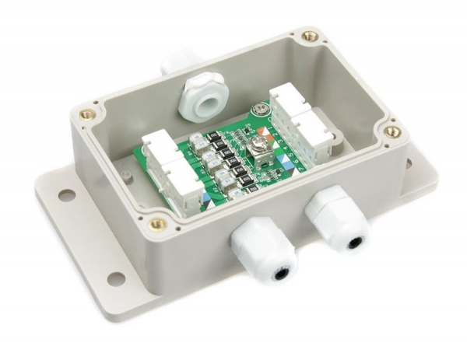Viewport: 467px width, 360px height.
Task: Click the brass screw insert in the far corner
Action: [310, 36]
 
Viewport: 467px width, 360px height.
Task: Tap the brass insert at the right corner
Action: [393, 132]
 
